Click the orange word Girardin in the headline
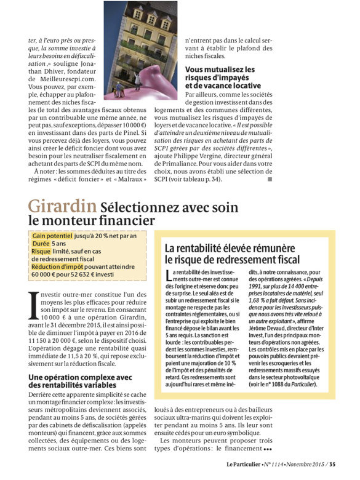pos(62,205)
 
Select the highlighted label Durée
pos(41,244)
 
